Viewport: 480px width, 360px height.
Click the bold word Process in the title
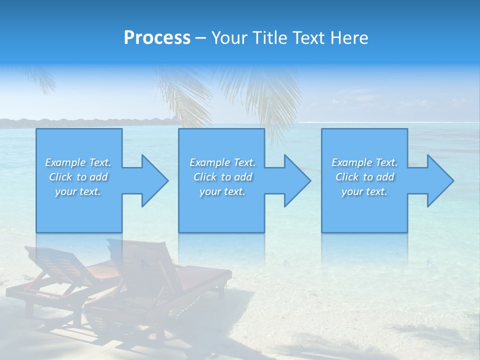157,38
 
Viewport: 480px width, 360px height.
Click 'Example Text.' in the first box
78,162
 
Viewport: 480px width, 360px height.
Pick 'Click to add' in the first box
78,177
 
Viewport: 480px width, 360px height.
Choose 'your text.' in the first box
78,191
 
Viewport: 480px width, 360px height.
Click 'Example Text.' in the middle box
222,162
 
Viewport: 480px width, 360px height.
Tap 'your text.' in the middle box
222,191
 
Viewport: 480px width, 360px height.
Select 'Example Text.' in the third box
364,162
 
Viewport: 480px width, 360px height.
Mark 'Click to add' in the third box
364,177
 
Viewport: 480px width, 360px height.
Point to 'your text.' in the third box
364,191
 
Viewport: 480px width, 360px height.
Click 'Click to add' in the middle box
222,177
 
